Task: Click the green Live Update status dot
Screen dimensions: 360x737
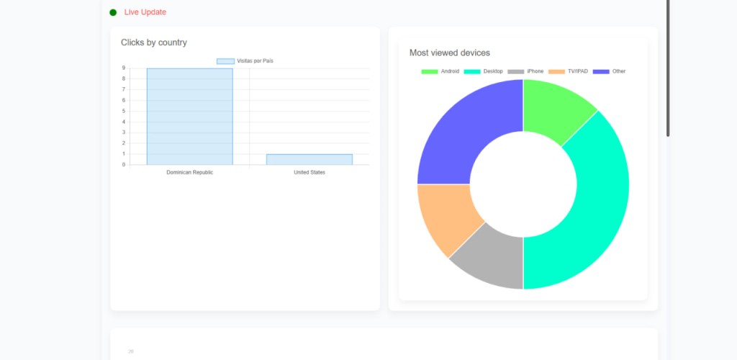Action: point(113,12)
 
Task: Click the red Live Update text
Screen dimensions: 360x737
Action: point(145,12)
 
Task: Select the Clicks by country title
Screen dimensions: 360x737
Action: point(154,42)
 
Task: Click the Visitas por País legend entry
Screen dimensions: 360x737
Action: point(245,61)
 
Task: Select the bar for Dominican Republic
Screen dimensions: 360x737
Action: point(189,117)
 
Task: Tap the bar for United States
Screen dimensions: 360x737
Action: point(309,159)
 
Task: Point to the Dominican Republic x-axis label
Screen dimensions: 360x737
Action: point(189,173)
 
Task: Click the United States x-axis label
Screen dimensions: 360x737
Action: point(309,173)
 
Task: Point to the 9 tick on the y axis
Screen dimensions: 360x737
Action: point(124,68)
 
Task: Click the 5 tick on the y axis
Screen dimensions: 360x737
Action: point(124,111)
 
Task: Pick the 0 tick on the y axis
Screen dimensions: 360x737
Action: point(124,165)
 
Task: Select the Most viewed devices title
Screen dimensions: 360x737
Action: point(450,53)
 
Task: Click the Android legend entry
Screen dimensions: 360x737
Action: point(440,71)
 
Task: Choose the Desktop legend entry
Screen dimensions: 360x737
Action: point(484,71)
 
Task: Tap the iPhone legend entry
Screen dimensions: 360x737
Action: point(526,71)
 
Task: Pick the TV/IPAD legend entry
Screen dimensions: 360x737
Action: point(569,71)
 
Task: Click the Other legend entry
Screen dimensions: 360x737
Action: point(610,71)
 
